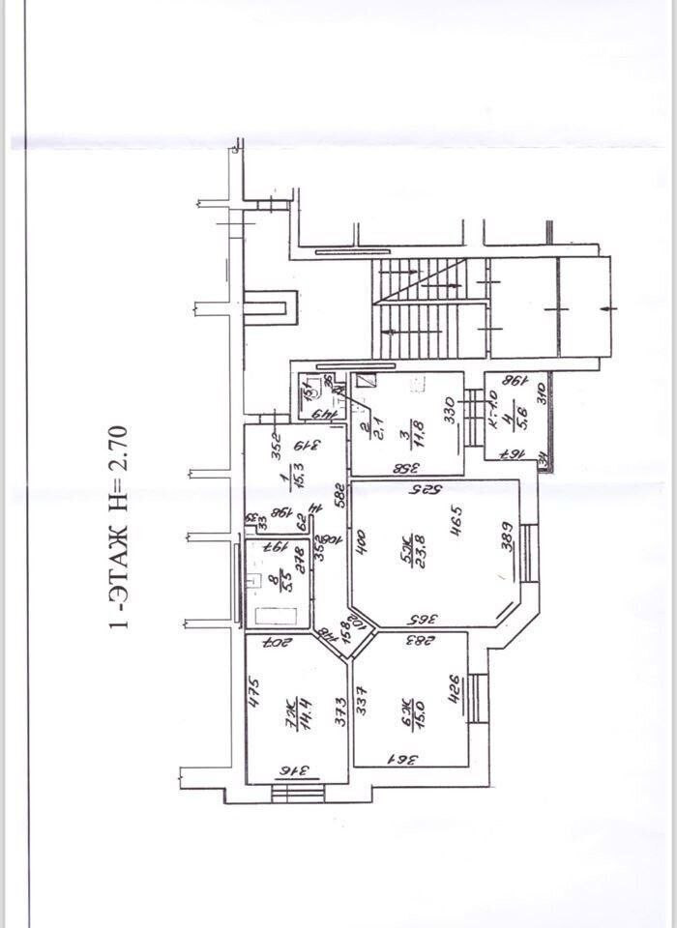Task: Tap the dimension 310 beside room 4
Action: click(x=543, y=395)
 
